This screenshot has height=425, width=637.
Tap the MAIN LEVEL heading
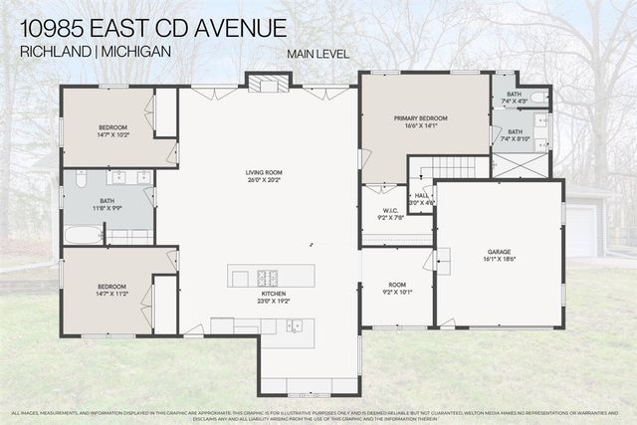318,54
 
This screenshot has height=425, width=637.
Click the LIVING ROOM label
266,173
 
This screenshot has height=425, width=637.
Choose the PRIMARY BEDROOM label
425,118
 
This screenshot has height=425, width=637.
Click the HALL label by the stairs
422,195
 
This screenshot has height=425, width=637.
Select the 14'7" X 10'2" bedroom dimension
112,134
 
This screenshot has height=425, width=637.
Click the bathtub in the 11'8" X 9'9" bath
84,236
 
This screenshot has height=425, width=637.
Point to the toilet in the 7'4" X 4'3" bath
537,98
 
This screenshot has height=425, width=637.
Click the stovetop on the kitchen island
270,276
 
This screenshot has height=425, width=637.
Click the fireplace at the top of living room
268,84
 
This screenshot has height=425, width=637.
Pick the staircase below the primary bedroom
455,169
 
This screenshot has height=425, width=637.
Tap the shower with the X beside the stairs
520,166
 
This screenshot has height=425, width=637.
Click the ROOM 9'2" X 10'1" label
395,290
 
